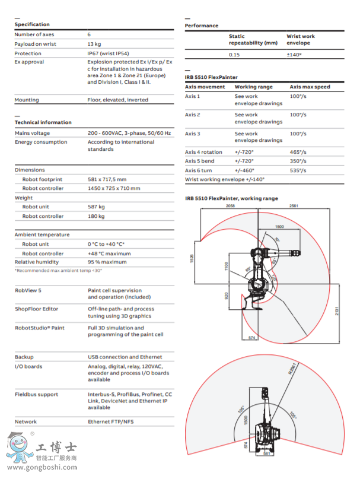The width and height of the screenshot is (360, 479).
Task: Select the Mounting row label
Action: tap(27, 100)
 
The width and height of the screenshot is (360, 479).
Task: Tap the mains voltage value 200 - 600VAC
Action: tap(130, 134)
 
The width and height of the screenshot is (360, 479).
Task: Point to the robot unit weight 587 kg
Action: tap(96, 207)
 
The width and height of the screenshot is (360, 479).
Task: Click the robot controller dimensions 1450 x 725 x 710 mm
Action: tap(114, 189)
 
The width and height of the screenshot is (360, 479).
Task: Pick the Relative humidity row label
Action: tap(37, 262)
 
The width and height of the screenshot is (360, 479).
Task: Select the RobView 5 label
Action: tap(28, 290)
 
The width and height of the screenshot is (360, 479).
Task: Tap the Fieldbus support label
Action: tap(36, 395)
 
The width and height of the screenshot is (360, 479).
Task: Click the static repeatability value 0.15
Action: tap(235, 54)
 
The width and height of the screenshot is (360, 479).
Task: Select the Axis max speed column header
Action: tap(310, 87)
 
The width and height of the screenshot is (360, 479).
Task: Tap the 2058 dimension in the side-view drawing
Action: tap(231, 205)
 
